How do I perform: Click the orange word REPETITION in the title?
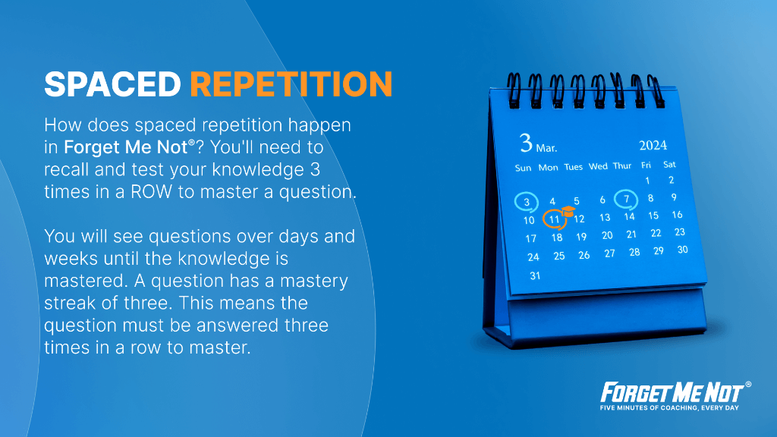[291, 83]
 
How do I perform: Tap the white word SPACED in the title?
[113, 83]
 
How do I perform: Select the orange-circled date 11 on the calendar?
[554, 219]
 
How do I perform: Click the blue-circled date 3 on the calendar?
[527, 202]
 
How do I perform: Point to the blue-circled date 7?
[626, 200]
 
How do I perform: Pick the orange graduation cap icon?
[568, 212]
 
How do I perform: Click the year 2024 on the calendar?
[653, 145]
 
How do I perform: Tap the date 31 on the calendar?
[535, 275]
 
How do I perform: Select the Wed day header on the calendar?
[598, 166]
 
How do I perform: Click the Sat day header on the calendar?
[669, 165]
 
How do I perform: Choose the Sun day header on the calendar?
[523, 168]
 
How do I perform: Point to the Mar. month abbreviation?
[546, 148]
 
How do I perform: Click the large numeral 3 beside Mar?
[526, 143]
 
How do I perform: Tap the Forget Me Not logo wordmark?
[672, 392]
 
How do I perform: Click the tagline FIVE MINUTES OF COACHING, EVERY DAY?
[669, 407]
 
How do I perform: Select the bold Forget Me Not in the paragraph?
[126, 147]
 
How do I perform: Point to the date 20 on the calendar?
[607, 235]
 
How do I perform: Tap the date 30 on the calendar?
[682, 250]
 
